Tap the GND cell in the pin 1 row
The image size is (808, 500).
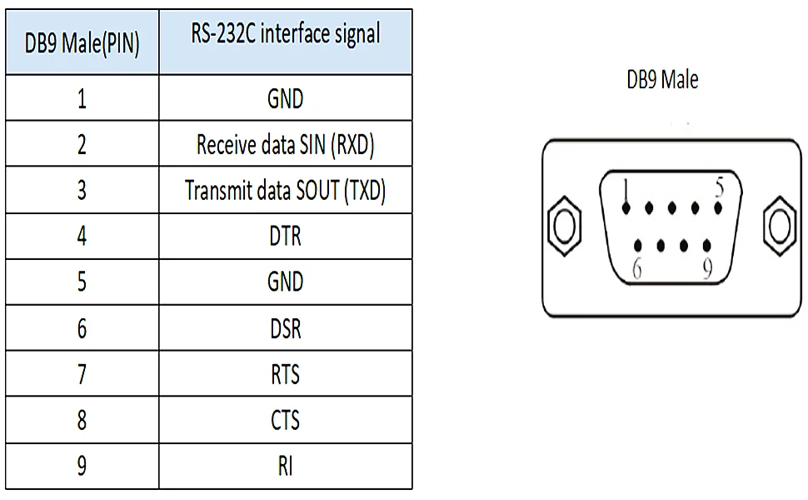(x=285, y=99)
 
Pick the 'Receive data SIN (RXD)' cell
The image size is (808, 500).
(x=285, y=145)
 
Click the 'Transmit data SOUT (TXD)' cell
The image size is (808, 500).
(x=285, y=191)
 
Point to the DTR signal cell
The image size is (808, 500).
(x=285, y=237)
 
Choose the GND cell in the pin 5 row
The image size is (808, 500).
(x=285, y=282)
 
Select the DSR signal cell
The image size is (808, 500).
(x=285, y=328)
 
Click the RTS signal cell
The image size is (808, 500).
(x=285, y=374)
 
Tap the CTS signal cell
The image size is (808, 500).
(x=285, y=420)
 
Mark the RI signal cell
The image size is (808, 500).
(x=285, y=466)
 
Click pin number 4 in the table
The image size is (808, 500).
(x=82, y=237)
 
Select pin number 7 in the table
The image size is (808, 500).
(x=82, y=374)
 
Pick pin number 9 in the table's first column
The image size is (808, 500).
(x=82, y=466)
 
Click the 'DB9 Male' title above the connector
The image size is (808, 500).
(x=662, y=80)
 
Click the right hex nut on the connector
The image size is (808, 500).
(x=780, y=225)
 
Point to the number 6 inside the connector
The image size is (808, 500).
(x=636, y=270)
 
